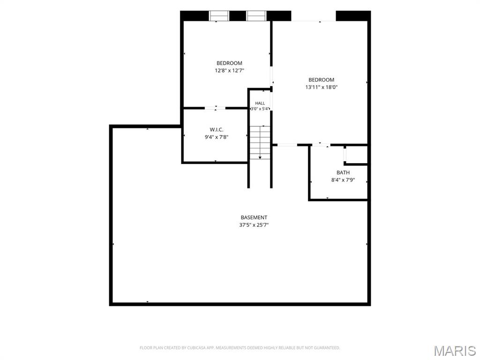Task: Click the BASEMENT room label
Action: coord(254,217)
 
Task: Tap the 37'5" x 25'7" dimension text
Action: coord(254,225)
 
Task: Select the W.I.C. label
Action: coord(217,130)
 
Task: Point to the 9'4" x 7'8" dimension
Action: coord(217,137)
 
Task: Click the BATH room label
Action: coord(343,172)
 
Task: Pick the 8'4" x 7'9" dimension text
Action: coord(343,180)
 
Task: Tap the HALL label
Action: coord(260,104)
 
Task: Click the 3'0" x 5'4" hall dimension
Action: coord(260,109)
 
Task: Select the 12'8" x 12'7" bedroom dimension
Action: coord(229,70)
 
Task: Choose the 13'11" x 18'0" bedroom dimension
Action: coord(322,87)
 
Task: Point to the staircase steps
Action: coord(260,142)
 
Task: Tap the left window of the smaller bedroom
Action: coord(219,16)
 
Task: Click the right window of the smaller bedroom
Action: coord(256,16)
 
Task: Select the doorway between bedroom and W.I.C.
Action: coord(215,108)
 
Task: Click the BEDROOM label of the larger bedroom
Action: coord(322,80)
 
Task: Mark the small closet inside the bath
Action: coord(356,155)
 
